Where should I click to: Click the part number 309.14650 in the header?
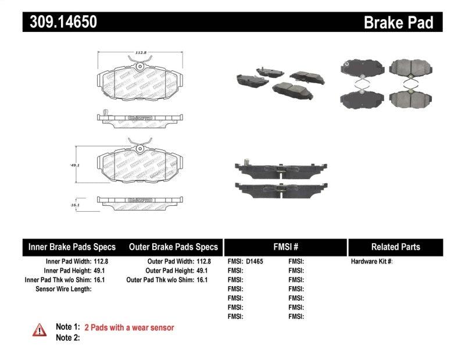60,22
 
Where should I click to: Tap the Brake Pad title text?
398,22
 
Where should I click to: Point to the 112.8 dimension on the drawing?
139,53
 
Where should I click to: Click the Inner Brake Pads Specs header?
72,247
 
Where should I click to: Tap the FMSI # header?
285,247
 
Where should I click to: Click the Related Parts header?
395,247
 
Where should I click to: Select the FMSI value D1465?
255,262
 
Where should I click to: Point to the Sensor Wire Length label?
63,289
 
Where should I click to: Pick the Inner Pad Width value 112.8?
102,262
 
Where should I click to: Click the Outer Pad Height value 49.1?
201,271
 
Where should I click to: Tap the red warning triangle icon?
40,329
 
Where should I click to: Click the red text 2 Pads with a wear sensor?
129,328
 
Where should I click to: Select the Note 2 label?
67,338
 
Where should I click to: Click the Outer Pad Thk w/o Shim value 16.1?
201,280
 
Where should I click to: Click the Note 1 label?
67,328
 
